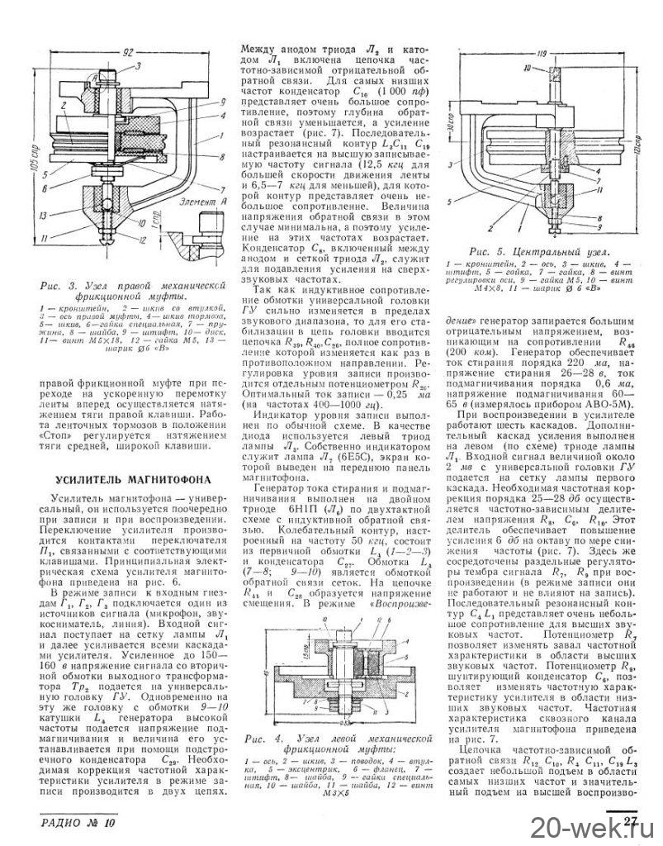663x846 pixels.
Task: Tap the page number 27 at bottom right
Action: (632, 820)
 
